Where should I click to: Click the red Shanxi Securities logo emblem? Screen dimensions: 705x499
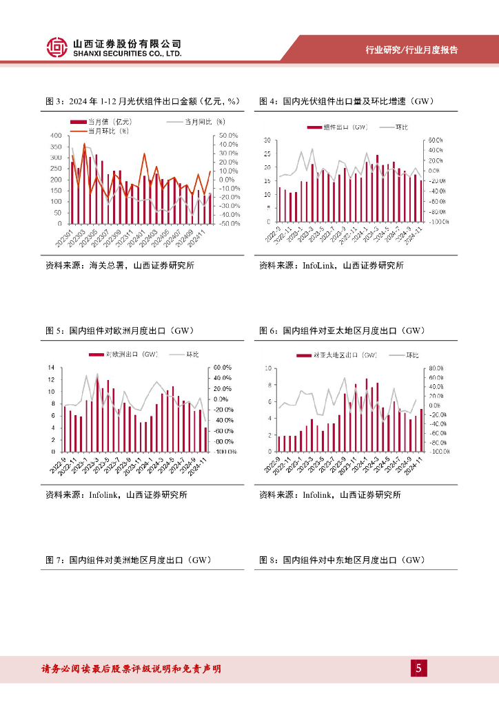(57, 47)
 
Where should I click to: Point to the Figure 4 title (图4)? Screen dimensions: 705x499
(345, 101)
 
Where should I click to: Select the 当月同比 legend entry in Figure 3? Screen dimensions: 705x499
(196, 122)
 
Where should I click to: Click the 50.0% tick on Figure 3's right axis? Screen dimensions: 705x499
(229, 136)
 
